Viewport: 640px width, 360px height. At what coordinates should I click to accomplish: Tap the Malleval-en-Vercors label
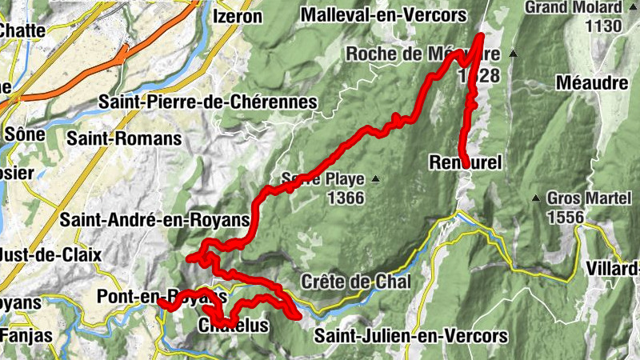click(384, 14)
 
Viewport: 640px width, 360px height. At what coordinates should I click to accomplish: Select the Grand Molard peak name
click(574, 8)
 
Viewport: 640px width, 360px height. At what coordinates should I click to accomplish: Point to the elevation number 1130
click(603, 26)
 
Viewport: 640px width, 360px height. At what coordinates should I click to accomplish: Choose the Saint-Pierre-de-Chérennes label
click(208, 102)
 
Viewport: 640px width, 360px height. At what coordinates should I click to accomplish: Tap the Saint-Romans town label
click(124, 138)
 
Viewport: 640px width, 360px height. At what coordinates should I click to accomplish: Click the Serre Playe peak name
click(318, 178)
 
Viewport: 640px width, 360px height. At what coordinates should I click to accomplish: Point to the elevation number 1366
click(346, 197)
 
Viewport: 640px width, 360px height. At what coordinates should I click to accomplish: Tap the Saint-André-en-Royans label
click(156, 219)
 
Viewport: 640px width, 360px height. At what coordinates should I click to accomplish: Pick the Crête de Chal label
click(356, 282)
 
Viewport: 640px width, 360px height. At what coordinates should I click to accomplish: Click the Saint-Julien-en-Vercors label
click(411, 334)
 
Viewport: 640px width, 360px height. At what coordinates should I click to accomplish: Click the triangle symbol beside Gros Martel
click(535, 198)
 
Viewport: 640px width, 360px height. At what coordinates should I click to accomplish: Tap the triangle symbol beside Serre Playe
click(373, 178)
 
